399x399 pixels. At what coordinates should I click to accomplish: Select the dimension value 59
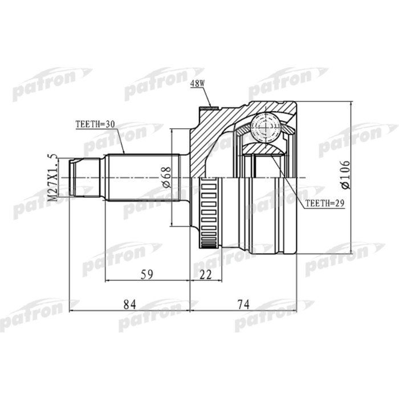tap(147, 274)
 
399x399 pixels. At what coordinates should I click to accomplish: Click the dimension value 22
tap(206, 274)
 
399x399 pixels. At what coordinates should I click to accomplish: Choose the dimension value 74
tap(244, 305)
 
